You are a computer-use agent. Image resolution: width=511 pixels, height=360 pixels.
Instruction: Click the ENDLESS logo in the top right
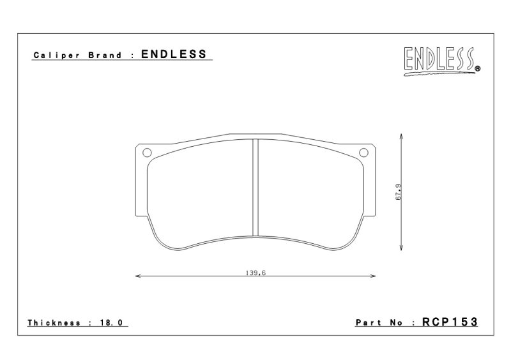click(441, 61)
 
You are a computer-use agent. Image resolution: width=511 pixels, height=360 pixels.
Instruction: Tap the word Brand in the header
click(105, 55)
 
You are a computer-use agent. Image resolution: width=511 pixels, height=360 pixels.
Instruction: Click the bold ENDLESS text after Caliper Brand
click(174, 54)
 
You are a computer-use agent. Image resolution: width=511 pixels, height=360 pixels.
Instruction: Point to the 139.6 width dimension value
click(256, 273)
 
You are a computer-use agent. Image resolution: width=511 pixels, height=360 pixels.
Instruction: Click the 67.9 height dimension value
click(399, 192)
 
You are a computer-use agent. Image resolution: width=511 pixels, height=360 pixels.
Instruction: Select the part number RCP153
click(450, 322)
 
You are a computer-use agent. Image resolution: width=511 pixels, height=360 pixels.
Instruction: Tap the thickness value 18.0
click(111, 323)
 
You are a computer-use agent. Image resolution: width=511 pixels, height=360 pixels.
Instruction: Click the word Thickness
click(54, 323)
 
